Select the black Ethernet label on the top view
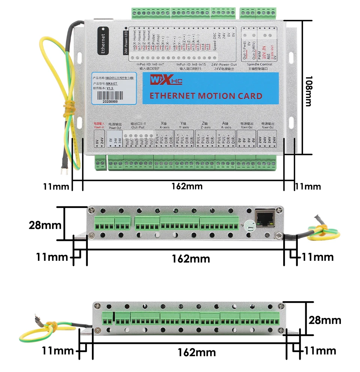click(103, 40)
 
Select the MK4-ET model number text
click(112, 84)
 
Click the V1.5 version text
click(109, 88)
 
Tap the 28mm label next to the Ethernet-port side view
click(45, 226)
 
